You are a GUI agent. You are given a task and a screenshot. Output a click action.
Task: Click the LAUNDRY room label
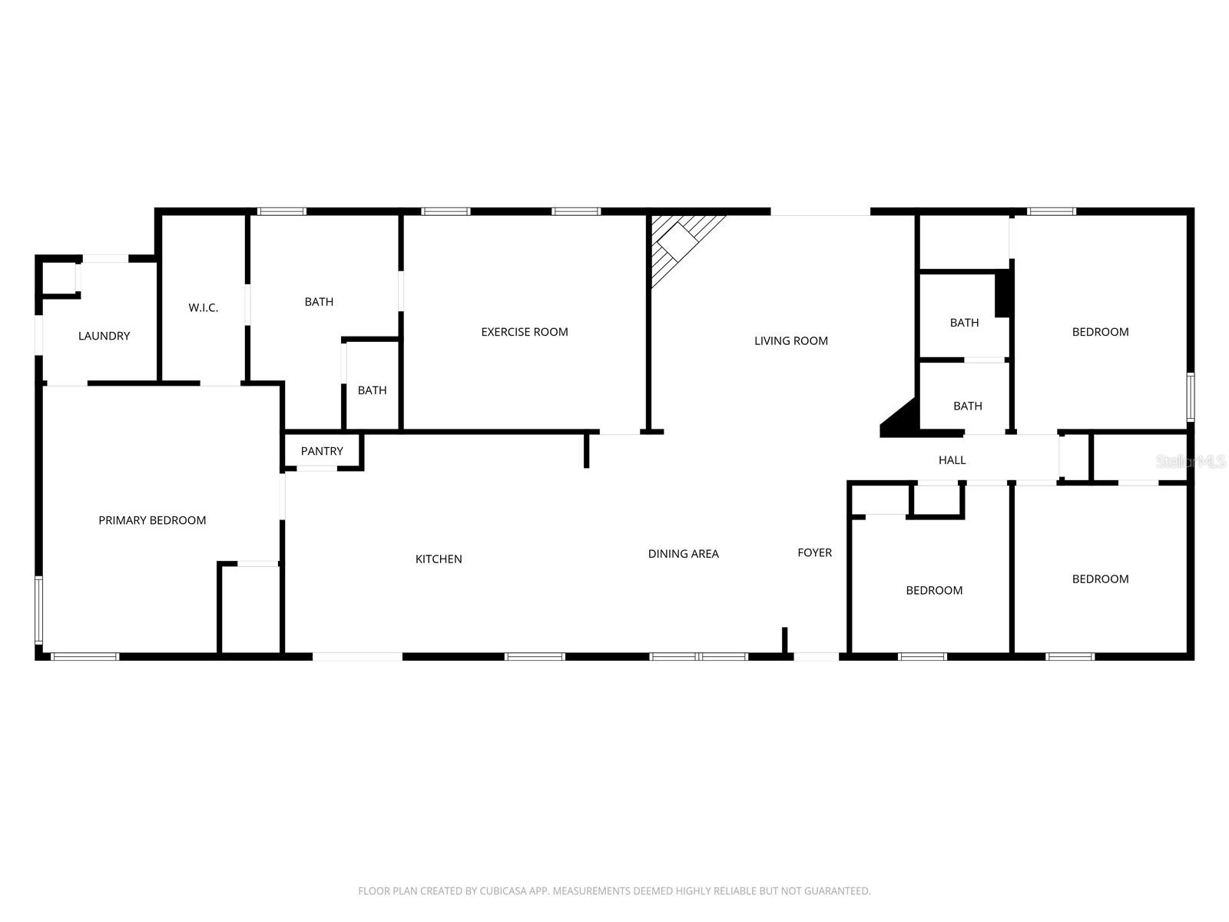tap(104, 336)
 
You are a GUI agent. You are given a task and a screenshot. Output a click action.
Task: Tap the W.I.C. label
tap(204, 308)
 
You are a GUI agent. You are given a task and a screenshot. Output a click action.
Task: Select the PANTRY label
tap(322, 451)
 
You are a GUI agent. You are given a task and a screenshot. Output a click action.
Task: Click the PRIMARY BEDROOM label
tap(152, 520)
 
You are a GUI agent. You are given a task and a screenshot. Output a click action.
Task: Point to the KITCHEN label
tap(439, 559)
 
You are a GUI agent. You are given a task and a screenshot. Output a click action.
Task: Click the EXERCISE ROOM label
tap(525, 332)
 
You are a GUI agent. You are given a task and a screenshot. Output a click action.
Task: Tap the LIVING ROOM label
tap(791, 341)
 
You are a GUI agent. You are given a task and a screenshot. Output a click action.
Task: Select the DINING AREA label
tap(684, 554)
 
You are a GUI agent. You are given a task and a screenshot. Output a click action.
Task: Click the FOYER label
tap(815, 552)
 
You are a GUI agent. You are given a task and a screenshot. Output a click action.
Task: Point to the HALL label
tap(952, 460)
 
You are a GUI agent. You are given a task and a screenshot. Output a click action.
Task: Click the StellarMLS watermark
tap(1191, 462)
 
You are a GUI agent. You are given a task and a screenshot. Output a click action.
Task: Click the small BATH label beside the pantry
tap(373, 390)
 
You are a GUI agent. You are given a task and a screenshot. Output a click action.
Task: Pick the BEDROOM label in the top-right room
tap(1101, 332)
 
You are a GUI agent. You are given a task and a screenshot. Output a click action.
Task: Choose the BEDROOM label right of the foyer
tap(934, 590)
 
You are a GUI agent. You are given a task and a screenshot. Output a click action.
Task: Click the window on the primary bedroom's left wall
tap(38, 610)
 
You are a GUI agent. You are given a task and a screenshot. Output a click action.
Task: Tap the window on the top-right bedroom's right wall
tap(1190, 396)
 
